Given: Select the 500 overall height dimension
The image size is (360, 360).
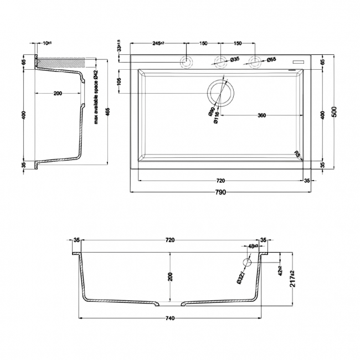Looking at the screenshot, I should click(x=334, y=110).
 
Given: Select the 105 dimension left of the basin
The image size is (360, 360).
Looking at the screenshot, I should click(x=119, y=81).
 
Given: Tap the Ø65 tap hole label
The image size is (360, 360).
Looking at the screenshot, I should click(x=271, y=59).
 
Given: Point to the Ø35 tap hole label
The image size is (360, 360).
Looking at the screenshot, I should click(x=234, y=59).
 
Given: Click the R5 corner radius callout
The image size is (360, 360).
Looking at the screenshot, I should click(x=297, y=155).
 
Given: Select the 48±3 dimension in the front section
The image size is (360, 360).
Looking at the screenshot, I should click(x=254, y=246).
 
